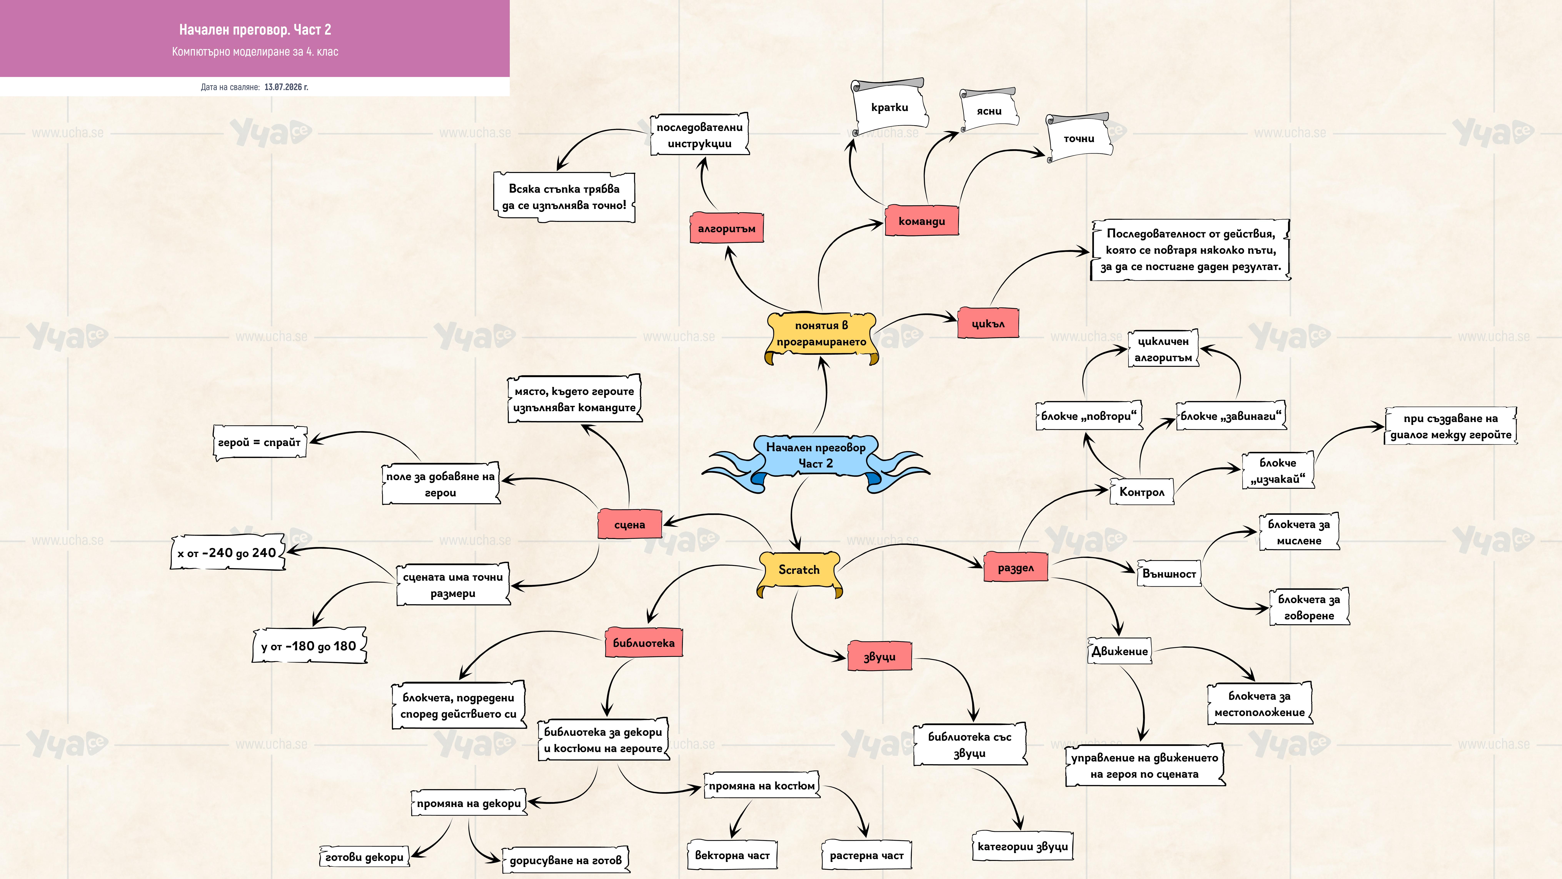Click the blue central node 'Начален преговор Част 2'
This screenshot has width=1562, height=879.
816,456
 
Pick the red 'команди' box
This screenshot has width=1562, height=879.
922,221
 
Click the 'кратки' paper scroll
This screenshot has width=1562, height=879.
889,107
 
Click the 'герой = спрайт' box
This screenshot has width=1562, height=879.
259,442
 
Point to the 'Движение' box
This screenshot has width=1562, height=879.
1119,651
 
